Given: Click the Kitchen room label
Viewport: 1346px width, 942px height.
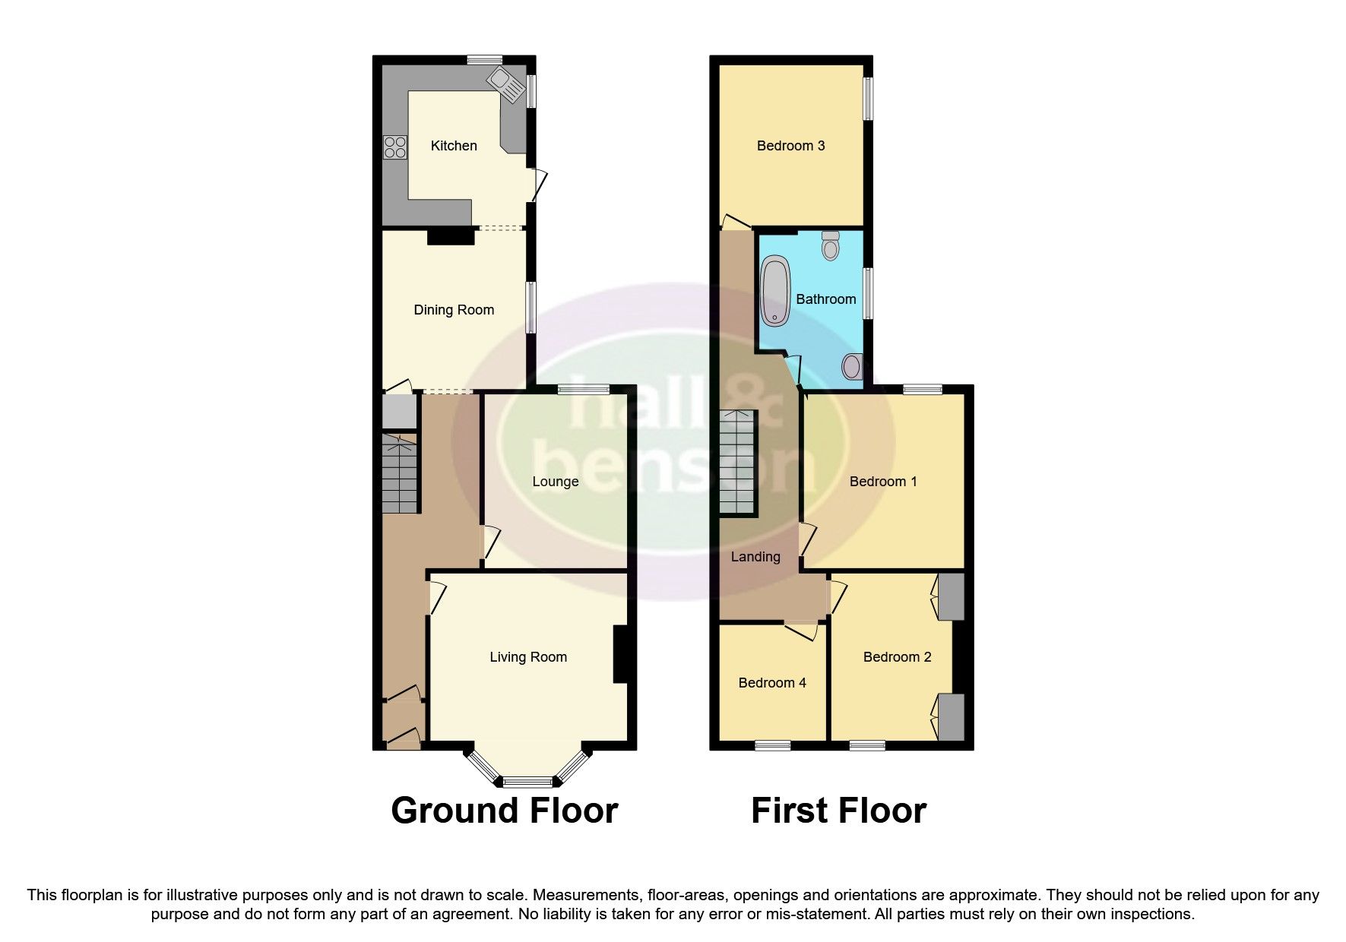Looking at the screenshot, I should point(454,146).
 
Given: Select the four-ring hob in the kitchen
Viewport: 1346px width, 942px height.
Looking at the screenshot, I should point(395,146).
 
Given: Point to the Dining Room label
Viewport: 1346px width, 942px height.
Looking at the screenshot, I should point(454,310).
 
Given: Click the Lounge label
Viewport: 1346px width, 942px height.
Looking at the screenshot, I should point(556,482).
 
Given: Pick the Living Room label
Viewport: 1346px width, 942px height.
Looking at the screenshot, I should point(528,657).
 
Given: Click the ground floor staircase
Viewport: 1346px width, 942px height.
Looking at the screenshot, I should point(400,473).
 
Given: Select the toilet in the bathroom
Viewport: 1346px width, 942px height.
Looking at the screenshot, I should point(831,245).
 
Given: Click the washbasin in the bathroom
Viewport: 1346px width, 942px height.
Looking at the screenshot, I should point(853,368).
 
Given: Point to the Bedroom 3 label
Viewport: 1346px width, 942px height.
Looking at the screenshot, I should point(791,146).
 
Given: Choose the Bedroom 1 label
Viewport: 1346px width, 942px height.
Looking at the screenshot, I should point(883,482).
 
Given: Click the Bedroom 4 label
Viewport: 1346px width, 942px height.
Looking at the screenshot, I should point(772,683).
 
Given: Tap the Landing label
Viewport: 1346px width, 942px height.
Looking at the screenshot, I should point(755,557).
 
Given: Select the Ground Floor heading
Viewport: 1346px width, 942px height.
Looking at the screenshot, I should point(504,811).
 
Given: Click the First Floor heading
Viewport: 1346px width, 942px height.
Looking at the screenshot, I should point(838,811).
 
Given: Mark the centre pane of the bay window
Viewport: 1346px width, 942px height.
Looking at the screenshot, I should point(529,781).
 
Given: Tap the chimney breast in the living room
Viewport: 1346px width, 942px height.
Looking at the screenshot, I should point(620,653).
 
